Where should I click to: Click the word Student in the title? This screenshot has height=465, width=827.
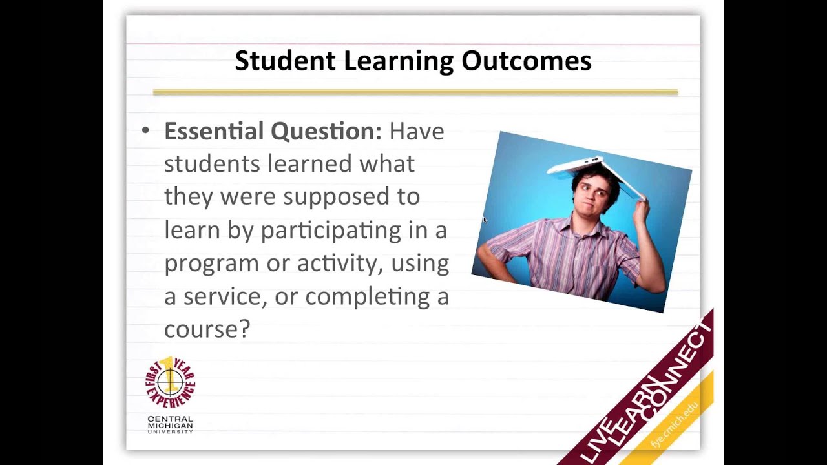point(285,61)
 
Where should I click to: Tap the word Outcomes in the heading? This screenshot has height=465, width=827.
point(527,61)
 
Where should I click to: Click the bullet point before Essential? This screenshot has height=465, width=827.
point(145,130)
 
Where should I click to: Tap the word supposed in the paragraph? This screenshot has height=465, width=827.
point(337,198)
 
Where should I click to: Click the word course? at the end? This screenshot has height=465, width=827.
point(207,329)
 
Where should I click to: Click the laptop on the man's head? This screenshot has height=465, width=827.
point(595,174)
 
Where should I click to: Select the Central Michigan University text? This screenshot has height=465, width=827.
point(170,425)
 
